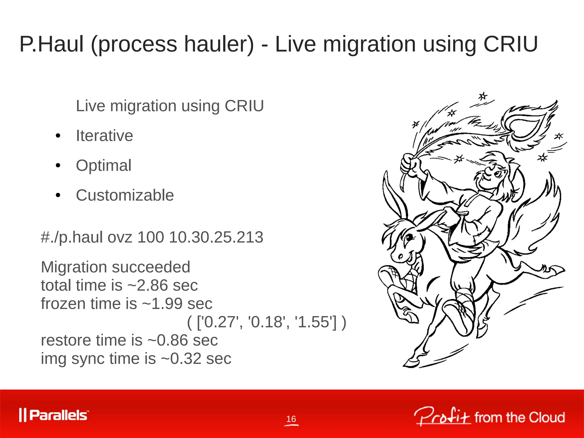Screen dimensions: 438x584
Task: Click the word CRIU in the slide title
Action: click(x=510, y=44)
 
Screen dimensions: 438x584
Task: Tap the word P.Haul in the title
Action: click(x=51, y=44)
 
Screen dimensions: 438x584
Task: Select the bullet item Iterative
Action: click(x=104, y=136)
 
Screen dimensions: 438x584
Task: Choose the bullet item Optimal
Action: click(x=104, y=165)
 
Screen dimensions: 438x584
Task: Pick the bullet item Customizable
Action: click(x=125, y=195)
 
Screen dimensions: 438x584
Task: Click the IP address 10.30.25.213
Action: click(x=216, y=237)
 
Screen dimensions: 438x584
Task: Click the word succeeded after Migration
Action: click(x=151, y=267)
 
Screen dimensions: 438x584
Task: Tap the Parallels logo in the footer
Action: click(x=54, y=415)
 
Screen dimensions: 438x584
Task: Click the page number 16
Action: click(x=291, y=419)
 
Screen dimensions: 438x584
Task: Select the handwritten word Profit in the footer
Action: click(x=442, y=417)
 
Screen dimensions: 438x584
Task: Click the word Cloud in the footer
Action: click(x=547, y=417)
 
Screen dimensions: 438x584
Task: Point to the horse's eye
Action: click(x=409, y=237)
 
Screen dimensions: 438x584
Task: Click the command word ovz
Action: click(x=120, y=237)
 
